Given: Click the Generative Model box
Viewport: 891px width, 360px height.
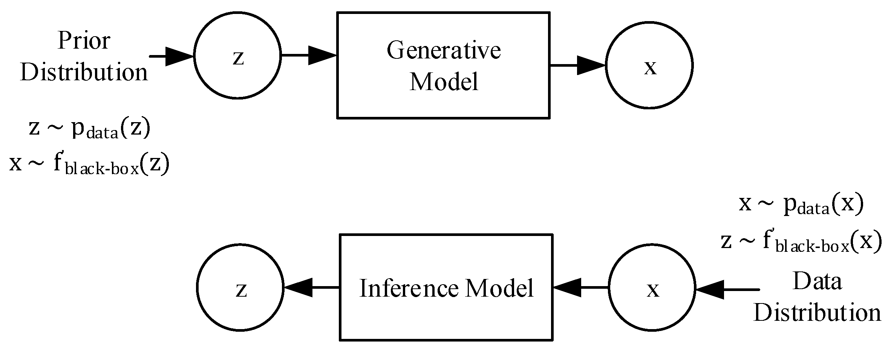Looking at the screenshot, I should coord(443,65).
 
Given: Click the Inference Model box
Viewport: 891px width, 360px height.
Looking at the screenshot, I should coord(446,287).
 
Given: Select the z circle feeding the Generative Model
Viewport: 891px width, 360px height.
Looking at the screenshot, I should coord(237,55).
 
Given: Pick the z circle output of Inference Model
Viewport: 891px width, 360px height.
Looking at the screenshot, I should coord(240,288).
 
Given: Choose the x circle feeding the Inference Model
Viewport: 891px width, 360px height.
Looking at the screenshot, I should coord(652,288).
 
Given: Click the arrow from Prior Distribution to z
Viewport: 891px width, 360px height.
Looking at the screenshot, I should coord(171,56).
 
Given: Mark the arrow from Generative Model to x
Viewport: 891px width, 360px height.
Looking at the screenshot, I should coord(577,65).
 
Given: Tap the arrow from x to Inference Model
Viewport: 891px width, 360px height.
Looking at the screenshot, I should coord(580,288).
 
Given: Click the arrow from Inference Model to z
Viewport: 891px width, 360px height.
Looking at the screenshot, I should coord(311,288).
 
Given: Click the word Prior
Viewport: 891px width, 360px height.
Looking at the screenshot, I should coord(84,41).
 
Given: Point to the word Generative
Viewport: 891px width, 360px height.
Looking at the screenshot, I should coord(444,50).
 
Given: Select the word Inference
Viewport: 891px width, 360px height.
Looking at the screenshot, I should coord(409,288).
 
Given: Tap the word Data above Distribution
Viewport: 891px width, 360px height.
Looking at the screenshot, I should coord(817,281).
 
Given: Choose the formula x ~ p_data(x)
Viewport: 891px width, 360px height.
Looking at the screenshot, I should coord(801,204).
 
